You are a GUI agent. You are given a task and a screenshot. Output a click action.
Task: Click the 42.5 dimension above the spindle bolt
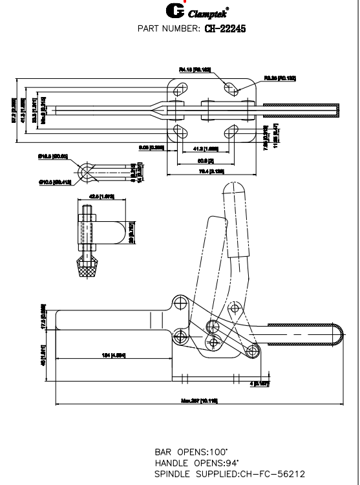tap(103, 196)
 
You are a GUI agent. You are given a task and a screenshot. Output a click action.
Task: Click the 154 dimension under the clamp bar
tap(114, 356)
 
